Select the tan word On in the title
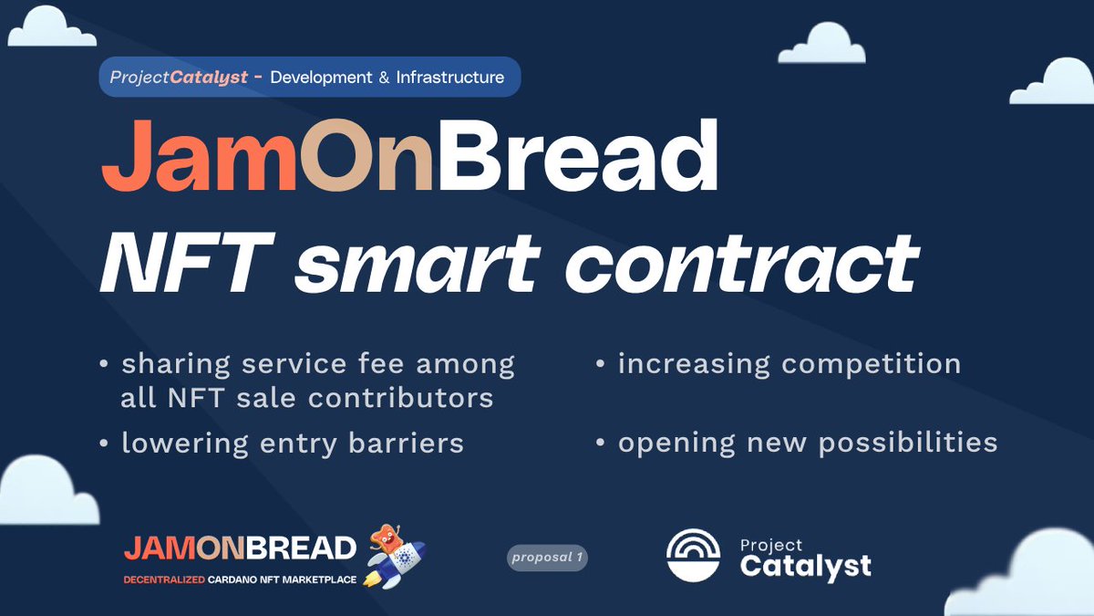pyautogui.click(x=366, y=155)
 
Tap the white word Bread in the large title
pyautogui.click(x=578, y=154)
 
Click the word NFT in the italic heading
pyautogui.click(x=187, y=263)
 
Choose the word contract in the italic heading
pyautogui.click(x=742, y=264)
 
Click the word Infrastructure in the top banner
pyautogui.click(x=449, y=78)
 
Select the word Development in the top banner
pyautogui.click(x=321, y=78)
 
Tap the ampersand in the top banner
pyautogui.click(x=384, y=78)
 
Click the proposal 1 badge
pyautogui.click(x=547, y=558)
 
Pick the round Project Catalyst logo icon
pyautogui.click(x=693, y=555)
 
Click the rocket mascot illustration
pyautogui.click(x=395, y=557)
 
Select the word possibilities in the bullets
pyautogui.click(x=907, y=444)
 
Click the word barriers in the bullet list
pyautogui.click(x=406, y=443)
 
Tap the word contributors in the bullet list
pyautogui.click(x=400, y=398)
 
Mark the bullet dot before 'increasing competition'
pyautogui.click(x=600, y=364)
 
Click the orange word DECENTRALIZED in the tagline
pyautogui.click(x=164, y=579)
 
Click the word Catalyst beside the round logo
pyautogui.click(x=805, y=566)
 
